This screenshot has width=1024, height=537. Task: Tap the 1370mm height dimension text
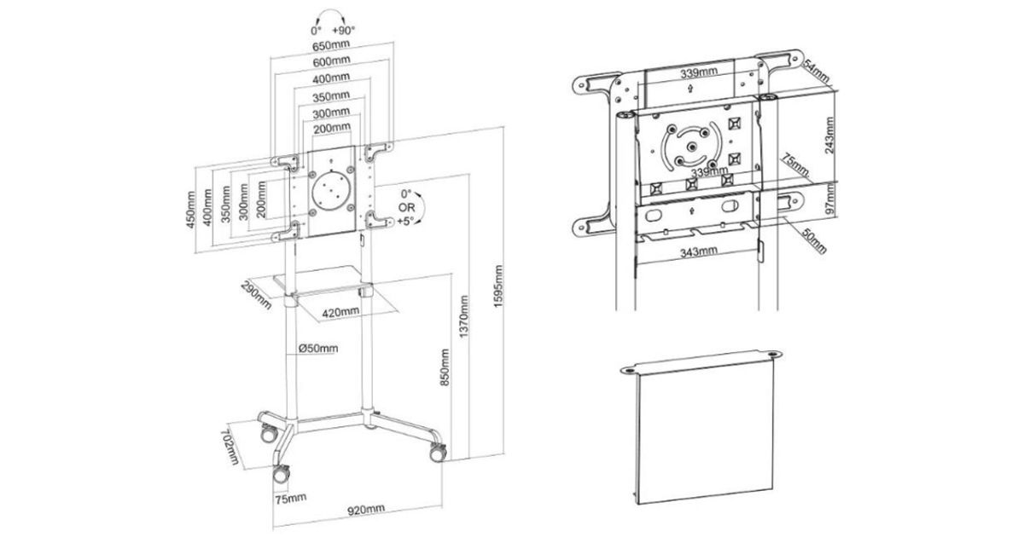pyautogui.click(x=463, y=316)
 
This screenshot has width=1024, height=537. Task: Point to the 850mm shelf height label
pyautogui.click(x=445, y=367)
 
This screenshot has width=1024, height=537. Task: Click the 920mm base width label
pyautogui.click(x=366, y=509)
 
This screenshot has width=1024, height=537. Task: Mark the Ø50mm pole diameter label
pyautogui.click(x=318, y=349)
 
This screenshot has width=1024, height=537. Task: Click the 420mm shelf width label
pyautogui.click(x=340, y=313)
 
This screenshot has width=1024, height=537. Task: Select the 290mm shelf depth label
pyautogui.click(x=256, y=295)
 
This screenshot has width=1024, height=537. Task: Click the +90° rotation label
pyautogui.click(x=343, y=31)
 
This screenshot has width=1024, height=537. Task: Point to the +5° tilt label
pyautogui.click(x=405, y=221)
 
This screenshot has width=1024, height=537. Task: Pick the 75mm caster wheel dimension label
pyautogui.click(x=291, y=498)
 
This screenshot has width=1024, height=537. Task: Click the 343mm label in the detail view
pyautogui.click(x=699, y=252)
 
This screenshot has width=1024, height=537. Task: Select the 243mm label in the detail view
pyautogui.click(x=829, y=136)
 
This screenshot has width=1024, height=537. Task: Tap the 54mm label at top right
pyautogui.click(x=816, y=72)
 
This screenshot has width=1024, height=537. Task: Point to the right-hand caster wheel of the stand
pyautogui.click(x=438, y=452)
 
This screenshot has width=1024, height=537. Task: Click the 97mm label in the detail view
pyautogui.click(x=829, y=200)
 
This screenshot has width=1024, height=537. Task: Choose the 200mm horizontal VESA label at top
pyautogui.click(x=332, y=129)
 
